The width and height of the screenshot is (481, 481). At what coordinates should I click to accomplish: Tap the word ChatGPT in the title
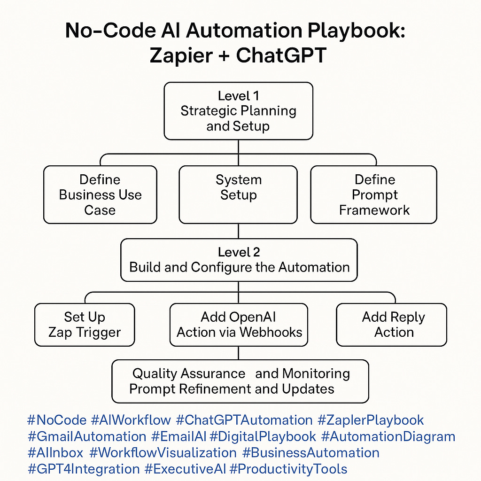281,55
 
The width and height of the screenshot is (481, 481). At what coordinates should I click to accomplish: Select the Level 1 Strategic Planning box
238,111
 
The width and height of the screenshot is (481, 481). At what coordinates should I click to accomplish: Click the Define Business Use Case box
100,194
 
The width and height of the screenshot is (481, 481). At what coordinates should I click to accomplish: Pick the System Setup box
238,194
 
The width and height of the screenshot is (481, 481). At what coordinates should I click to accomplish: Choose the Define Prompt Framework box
374,194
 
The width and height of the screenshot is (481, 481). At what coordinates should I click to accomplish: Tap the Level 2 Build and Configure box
239,260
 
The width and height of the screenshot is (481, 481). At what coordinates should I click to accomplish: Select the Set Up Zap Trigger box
85,325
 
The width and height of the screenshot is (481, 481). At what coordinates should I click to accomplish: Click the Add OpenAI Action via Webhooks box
239,325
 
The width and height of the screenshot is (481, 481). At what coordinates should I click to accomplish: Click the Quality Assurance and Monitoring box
240,381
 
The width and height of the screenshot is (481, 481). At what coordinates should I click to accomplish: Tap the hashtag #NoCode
57,420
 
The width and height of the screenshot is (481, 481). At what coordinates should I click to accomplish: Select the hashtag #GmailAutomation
87,436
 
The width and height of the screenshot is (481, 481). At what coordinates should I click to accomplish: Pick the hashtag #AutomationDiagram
388,436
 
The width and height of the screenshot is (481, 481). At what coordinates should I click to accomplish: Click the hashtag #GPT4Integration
84,469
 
